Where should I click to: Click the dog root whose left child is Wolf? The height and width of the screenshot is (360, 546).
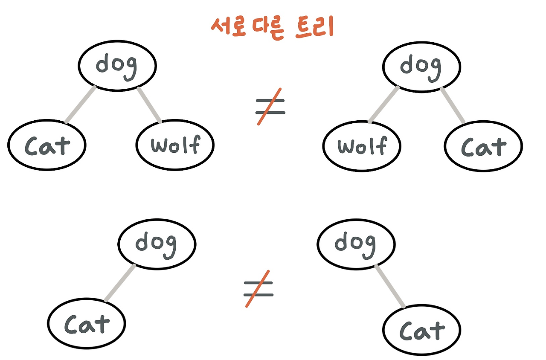pos(421,67)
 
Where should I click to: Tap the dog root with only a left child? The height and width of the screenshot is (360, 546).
pos(157,244)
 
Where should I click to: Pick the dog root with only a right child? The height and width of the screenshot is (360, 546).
pos(356,244)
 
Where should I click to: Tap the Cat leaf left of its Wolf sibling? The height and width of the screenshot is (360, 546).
pos(47,145)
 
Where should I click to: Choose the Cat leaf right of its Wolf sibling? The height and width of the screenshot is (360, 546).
pos(483,146)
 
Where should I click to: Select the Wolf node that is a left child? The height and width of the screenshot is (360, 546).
pos(362,146)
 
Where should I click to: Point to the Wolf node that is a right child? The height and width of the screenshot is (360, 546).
pos(175,145)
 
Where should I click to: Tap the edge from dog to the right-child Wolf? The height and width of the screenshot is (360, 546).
pos(149,105)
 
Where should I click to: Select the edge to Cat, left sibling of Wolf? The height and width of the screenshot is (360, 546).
pos(81,105)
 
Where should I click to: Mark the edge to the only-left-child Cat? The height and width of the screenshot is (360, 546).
pos(120,283)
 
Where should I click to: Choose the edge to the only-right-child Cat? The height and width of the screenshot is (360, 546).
pos(390,286)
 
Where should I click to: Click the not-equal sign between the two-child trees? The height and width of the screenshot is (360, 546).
pos(270,107)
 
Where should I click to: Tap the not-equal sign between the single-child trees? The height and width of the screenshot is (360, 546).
pos(258,288)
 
